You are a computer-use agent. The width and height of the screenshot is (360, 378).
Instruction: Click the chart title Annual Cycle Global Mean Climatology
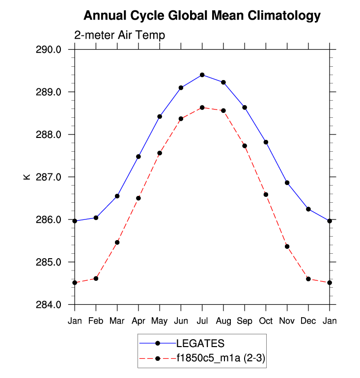(x=202, y=16)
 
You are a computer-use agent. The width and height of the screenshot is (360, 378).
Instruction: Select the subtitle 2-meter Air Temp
(x=119, y=35)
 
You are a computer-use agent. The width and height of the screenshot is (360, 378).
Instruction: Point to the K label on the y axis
(x=27, y=177)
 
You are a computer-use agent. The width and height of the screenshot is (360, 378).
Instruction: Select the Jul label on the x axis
(x=202, y=321)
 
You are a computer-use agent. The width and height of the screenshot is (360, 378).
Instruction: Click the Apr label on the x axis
(x=138, y=321)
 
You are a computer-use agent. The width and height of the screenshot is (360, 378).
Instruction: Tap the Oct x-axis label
(x=266, y=321)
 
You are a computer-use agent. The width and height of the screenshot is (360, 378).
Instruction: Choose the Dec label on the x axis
(x=308, y=321)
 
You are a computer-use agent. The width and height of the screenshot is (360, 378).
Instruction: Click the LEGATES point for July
(x=202, y=75)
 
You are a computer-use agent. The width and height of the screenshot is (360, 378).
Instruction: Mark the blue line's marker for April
(x=138, y=157)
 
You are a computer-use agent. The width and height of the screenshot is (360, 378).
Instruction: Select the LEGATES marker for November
(x=287, y=183)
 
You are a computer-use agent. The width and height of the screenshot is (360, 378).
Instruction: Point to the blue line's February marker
(x=96, y=217)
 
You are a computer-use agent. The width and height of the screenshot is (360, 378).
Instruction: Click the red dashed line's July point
(x=202, y=108)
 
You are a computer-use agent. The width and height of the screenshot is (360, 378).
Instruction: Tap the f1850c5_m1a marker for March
(x=117, y=243)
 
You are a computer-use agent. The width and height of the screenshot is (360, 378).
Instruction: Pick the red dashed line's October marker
(x=266, y=194)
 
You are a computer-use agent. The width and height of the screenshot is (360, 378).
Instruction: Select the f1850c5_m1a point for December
(x=308, y=279)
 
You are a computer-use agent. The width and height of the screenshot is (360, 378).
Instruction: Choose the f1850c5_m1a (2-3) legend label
(x=221, y=358)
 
